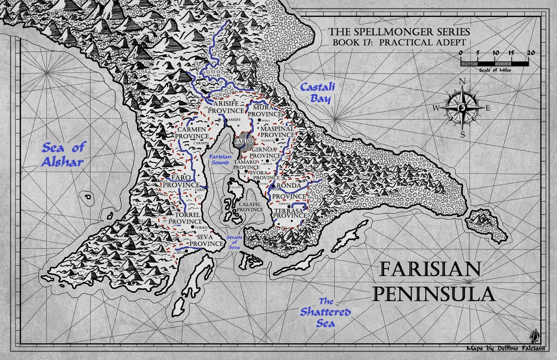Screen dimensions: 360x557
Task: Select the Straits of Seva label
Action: point(235,242)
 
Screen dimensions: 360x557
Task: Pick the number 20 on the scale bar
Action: point(531,53)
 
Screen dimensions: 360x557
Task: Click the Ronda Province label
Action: point(292,191)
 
